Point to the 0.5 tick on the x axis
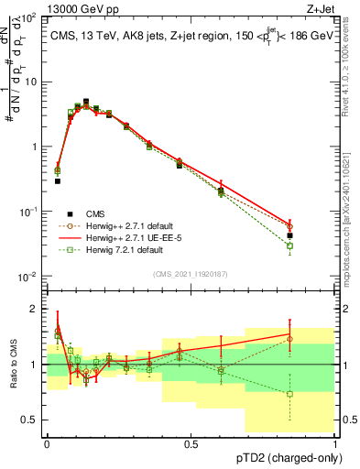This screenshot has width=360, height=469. click(191, 443)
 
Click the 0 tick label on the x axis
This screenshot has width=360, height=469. click(47, 443)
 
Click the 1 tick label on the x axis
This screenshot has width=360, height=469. click(334, 443)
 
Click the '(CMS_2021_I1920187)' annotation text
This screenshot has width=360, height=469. click(190, 273)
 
